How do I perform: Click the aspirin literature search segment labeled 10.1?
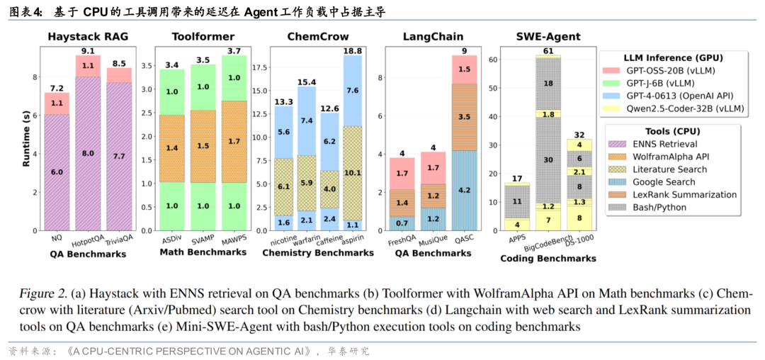pos(352,171)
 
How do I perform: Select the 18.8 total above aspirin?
pos(352,50)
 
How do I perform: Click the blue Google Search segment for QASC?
pos(465,190)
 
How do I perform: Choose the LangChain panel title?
pos(433,36)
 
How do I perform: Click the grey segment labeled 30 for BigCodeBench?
pos(548,159)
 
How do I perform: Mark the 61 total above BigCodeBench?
pos(548,50)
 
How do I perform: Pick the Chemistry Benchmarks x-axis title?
pos(312,252)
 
